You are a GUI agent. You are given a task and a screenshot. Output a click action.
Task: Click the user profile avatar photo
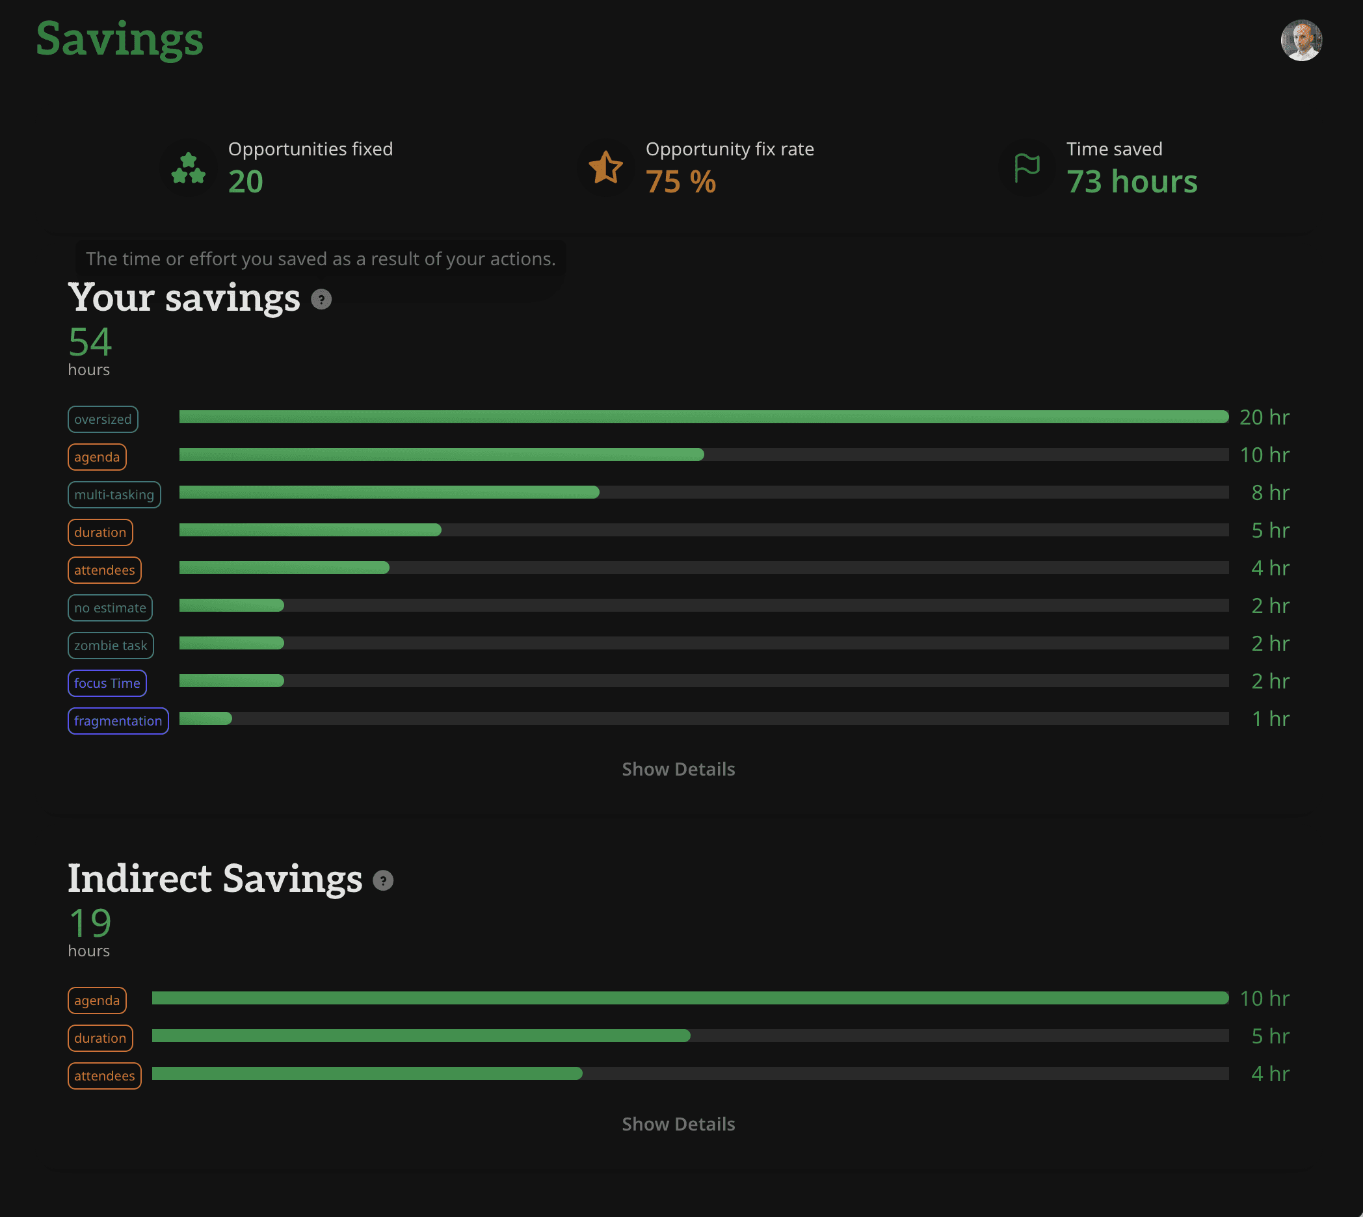(1301, 40)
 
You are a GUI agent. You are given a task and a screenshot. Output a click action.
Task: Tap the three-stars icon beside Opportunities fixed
(189, 168)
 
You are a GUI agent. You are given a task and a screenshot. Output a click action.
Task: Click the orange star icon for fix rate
(605, 167)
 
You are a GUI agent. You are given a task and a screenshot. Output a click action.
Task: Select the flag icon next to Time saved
(1027, 168)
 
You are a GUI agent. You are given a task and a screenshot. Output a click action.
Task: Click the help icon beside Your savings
(321, 299)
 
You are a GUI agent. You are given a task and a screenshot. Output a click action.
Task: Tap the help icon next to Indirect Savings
(382, 881)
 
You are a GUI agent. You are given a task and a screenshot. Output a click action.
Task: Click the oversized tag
(103, 419)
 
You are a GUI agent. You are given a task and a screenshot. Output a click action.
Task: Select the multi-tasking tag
(114, 495)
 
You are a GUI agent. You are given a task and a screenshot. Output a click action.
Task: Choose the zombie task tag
(111, 646)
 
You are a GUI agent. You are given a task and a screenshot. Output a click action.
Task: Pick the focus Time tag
(107, 683)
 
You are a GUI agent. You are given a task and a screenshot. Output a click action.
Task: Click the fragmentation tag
(118, 721)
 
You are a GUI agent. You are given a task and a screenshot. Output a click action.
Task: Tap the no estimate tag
(111, 608)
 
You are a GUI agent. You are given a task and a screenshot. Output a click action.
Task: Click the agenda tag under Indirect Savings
(97, 1001)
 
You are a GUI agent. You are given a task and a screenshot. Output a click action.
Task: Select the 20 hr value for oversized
(1264, 417)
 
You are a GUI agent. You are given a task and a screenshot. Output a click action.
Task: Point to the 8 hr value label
(1270, 493)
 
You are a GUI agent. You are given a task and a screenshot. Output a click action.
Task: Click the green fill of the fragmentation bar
(205, 719)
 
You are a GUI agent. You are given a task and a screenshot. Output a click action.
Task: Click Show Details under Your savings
(678, 769)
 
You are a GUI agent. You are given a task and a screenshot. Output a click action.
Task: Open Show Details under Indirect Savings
(678, 1124)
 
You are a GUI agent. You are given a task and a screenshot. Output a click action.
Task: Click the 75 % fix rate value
(681, 182)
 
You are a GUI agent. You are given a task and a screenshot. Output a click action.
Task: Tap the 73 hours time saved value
(1131, 182)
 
